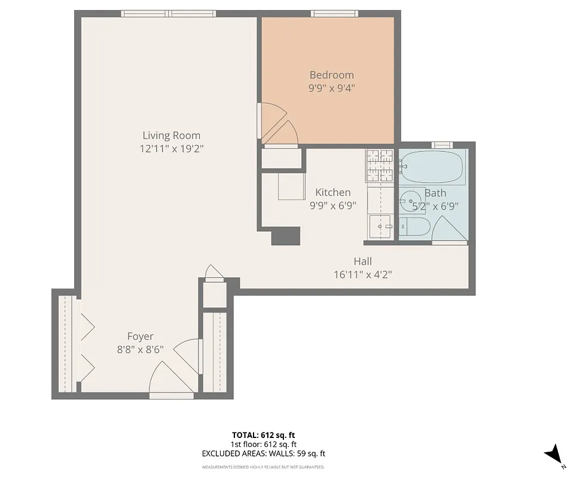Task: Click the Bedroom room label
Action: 331,75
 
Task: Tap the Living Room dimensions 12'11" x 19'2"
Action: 172,149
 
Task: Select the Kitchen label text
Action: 333,192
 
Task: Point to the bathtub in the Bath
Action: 432,168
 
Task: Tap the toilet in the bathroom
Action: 414,228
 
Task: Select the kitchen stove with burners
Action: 380,165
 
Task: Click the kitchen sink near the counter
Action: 381,227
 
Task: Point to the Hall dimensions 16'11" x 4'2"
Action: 362,274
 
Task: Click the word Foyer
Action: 141,336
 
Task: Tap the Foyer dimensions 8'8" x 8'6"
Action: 141,350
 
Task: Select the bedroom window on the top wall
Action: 334,13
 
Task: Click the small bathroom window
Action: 442,145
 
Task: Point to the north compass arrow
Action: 554,454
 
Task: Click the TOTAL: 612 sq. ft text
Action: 263,434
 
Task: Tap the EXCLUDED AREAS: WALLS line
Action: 263,454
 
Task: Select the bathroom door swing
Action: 448,230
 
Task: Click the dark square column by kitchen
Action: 285,236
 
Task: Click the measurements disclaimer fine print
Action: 263,467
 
